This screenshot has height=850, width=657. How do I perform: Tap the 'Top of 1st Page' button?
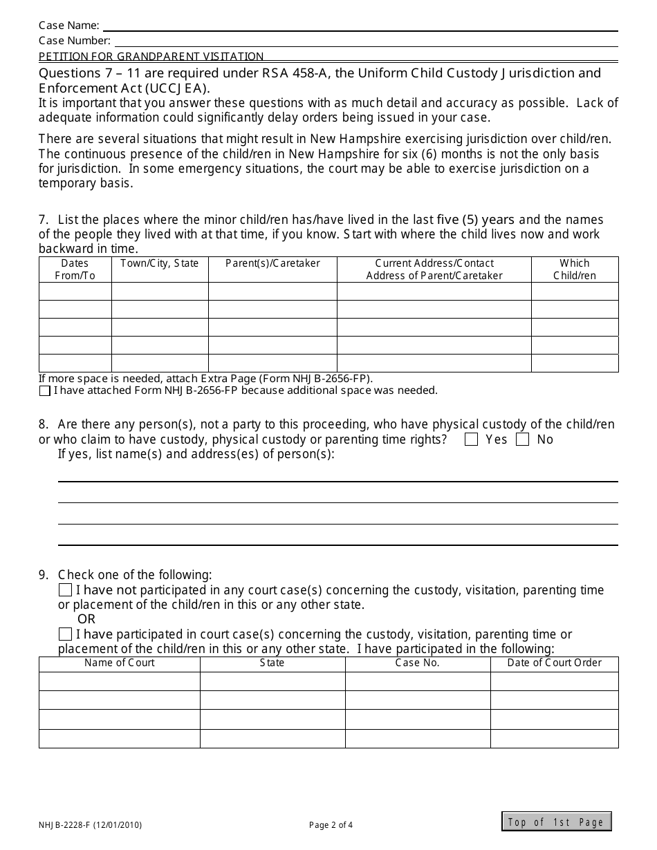[x=557, y=822]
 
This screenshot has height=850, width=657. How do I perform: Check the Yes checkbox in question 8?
[x=472, y=440]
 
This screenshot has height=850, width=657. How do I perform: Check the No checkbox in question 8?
[x=523, y=440]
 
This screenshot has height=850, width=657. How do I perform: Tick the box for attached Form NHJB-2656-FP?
[x=45, y=391]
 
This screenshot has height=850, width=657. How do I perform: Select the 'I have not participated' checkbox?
[x=65, y=590]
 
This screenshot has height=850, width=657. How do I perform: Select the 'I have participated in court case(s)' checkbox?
[x=65, y=634]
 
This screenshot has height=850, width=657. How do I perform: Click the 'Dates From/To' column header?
[x=75, y=270]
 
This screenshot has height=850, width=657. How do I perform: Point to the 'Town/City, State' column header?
[x=160, y=263]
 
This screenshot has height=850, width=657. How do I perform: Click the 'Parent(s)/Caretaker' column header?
[x=272, y=263]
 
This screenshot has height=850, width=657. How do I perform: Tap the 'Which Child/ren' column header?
[x=575, y=270]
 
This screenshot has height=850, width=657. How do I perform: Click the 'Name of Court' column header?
[x=119, y=663]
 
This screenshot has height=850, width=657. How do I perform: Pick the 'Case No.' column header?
[x=418, y=663]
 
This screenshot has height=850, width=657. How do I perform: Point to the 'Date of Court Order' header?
[x=555, y=663]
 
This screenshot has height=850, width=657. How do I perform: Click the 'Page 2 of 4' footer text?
[x=331, y=824]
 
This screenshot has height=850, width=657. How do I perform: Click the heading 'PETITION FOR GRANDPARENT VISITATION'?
[x=151, y=57]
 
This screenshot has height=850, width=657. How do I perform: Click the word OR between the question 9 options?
[x=86, y=619]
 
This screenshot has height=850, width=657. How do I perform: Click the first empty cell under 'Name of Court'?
[x=119, y=681]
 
